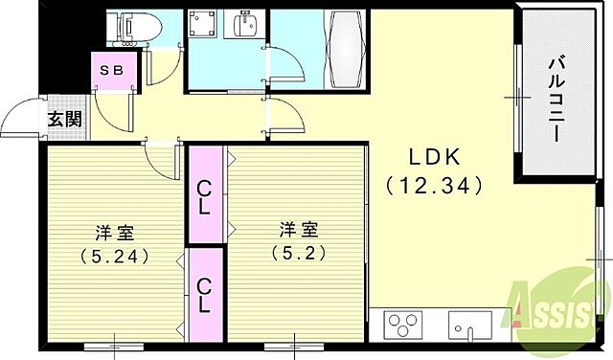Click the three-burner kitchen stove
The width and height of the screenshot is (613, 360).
tap(402, 323)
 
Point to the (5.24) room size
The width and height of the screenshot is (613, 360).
tap(113, 256)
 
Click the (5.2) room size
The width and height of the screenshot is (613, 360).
tap(297, 254)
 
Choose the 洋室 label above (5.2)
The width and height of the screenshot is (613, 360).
tap(297, 230)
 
